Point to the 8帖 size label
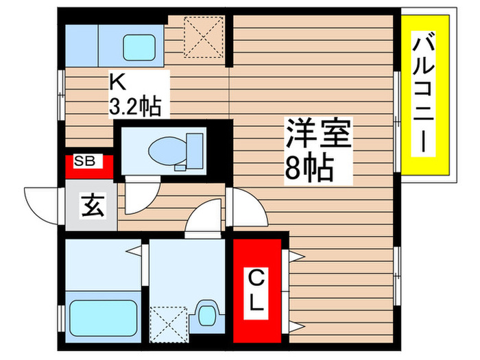[309, 167]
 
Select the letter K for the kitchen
[117, 83]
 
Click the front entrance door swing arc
[43, 204]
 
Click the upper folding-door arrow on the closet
[296, 259]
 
